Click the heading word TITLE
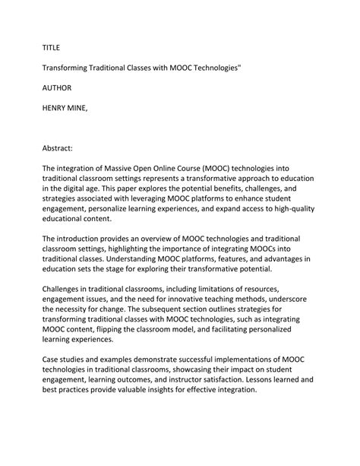click(51, 47)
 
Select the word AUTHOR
click(57, 88)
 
